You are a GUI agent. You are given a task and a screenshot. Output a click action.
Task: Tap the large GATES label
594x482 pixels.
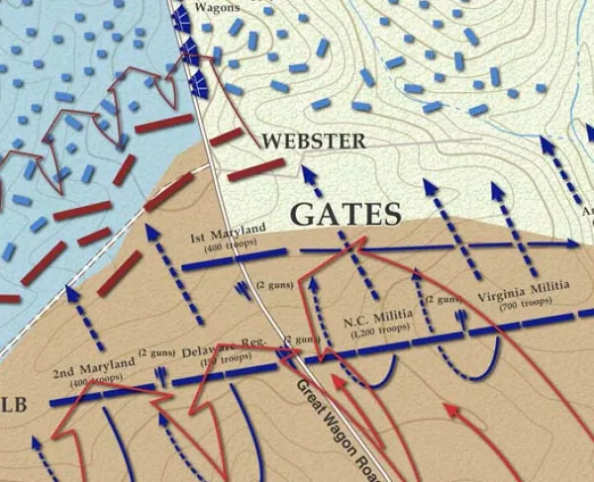point(346,214)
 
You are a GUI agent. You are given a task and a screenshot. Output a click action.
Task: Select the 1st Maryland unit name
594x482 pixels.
point(229,234)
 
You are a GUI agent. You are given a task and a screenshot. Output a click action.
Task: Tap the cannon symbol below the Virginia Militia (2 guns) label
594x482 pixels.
point(460,318)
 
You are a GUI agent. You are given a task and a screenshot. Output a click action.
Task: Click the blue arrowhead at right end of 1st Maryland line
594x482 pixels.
point(574,243)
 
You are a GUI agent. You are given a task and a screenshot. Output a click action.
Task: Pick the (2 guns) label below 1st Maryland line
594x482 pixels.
point(272,286)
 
